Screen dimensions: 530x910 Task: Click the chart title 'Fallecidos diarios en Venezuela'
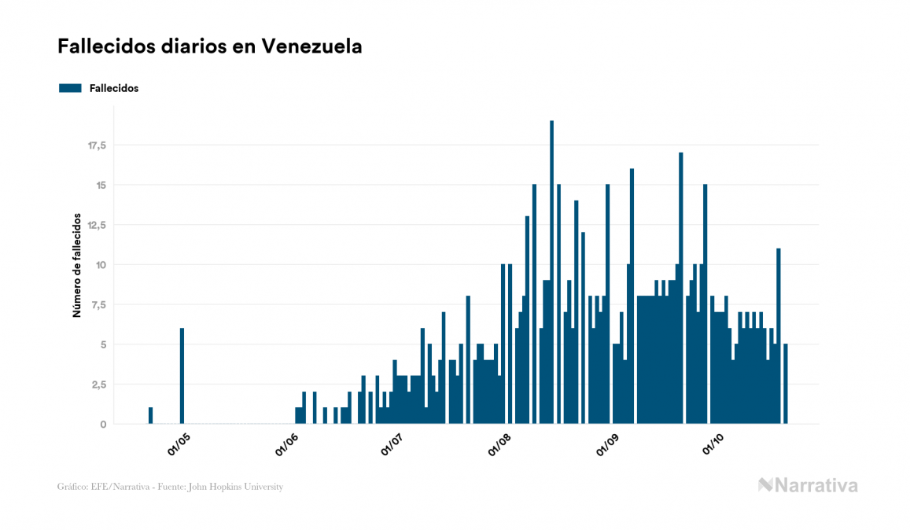click(210, 46)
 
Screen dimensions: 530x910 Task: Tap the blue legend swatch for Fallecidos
click(70, 88)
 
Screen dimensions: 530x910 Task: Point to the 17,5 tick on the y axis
click(96, 145)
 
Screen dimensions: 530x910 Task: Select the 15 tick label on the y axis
click(100, 186)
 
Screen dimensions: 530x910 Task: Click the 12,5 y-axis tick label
click(96, 225)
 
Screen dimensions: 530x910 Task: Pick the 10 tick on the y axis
click(100, 265)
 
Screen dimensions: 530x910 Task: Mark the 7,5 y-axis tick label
click(98, 305)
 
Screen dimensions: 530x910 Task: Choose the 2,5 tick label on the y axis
click(98, 385)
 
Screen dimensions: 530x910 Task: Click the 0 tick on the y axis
click(103, 425)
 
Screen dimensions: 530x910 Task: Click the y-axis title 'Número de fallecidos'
click(77, 264)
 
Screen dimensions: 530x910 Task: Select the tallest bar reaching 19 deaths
click(552, 272)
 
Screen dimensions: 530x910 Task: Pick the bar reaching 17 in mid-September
click(681, 288)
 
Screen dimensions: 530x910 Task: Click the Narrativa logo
click(808, 485)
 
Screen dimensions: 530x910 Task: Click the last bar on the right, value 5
click(786, 384)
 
